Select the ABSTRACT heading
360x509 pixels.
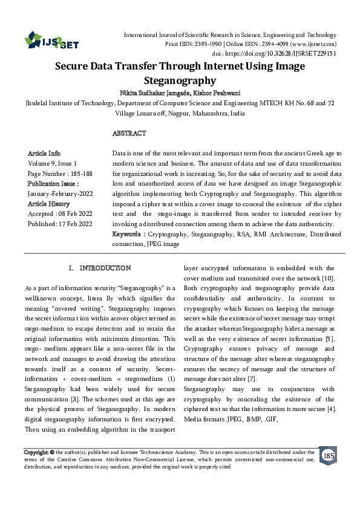(x=129, y=133)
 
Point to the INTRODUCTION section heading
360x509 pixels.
(x=105, y=267)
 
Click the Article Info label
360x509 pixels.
(x=44, y=154)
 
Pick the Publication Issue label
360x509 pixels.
(x=53, y=183)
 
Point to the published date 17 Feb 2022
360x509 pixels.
(x=77, y=224)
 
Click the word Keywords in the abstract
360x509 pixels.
(x=126, y=234)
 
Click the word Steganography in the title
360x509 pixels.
(x=180, y=80)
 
